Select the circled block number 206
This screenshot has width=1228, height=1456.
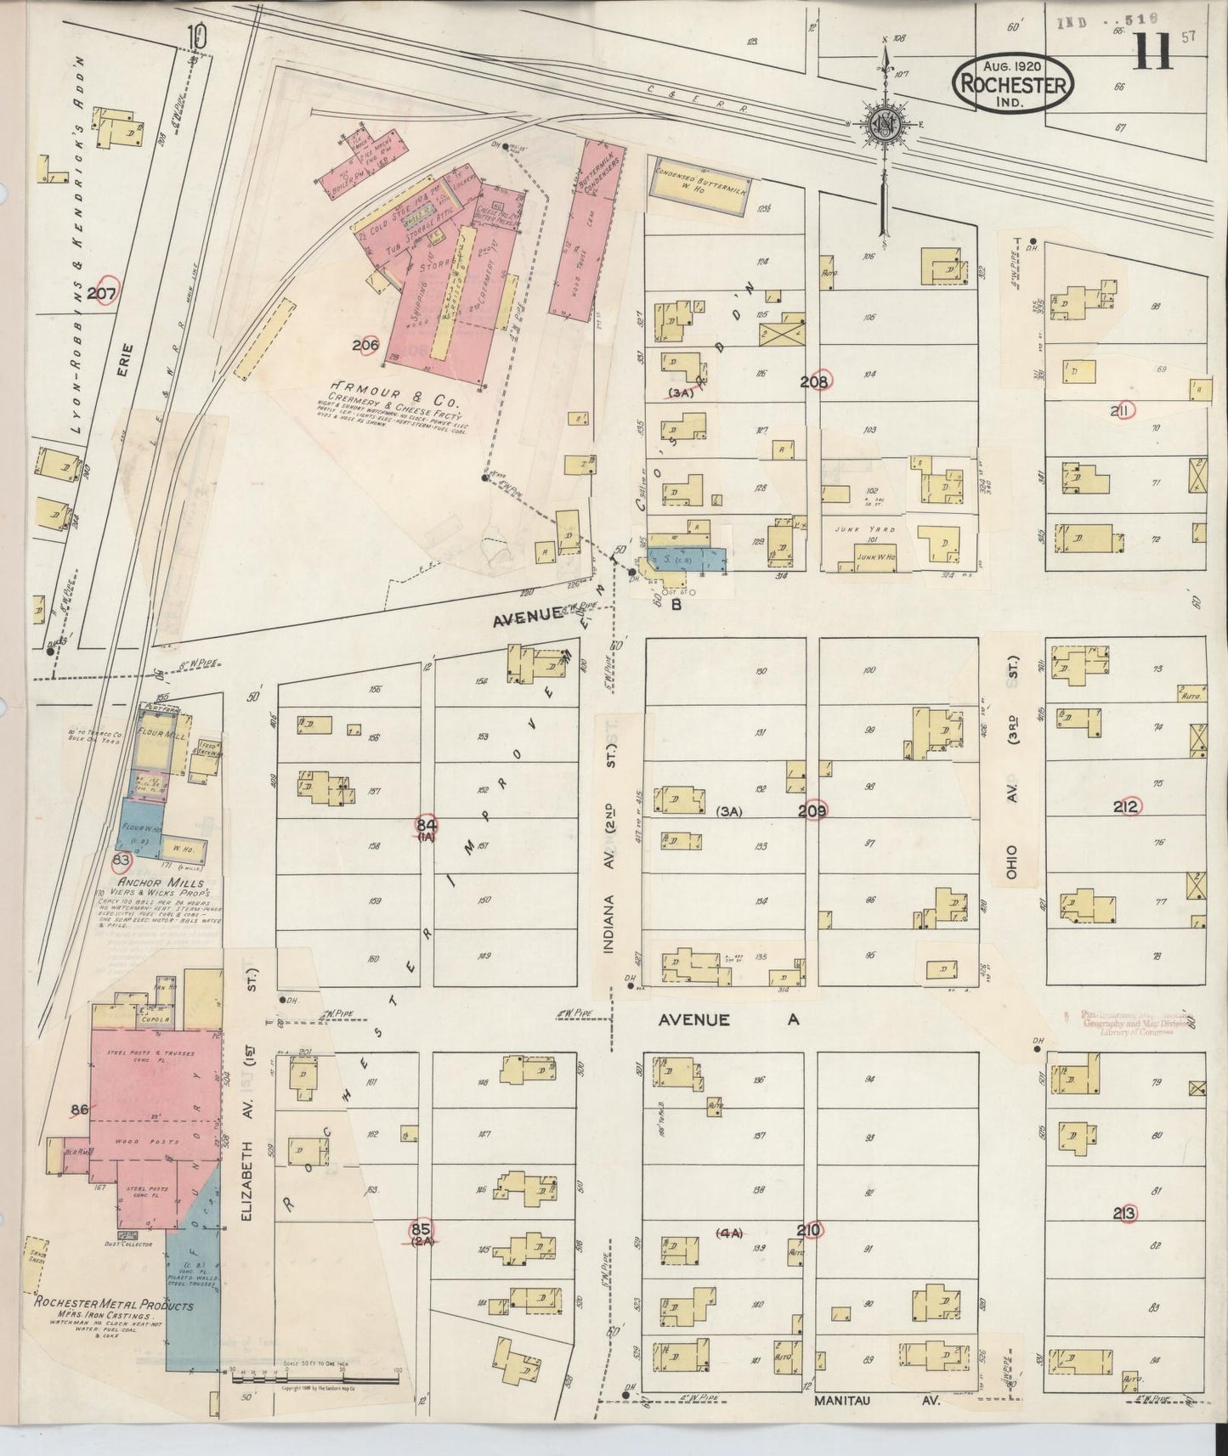tap(365, 345)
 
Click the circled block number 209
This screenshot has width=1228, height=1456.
tap(812, 810)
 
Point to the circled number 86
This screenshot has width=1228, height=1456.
tap(80, 1109)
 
